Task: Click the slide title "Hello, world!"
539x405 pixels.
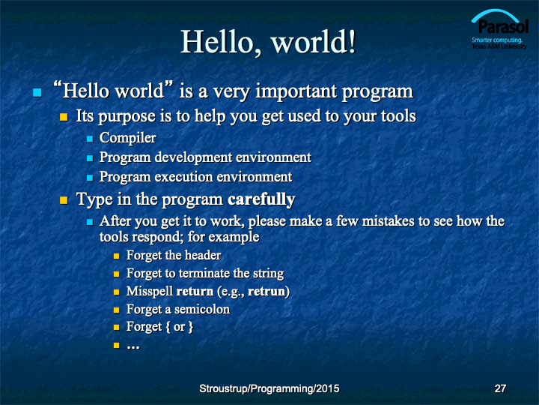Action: click(268, 42)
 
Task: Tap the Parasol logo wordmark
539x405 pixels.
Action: click(503, 26)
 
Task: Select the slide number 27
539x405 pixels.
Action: click(500, 388)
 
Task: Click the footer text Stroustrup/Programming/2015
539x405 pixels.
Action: click(269, 388)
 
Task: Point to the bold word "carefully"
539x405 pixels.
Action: click(261, 199)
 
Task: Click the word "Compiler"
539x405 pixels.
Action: click(127, 139)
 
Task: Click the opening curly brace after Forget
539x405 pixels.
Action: click(168, 327)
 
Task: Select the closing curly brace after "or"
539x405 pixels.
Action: click(190, 327)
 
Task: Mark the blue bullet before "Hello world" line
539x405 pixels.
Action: click(37, 92)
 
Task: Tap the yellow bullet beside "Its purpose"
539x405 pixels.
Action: click(64, 117)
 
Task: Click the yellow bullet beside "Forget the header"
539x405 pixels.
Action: click(117, 256)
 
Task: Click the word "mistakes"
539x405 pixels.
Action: click(388, 221)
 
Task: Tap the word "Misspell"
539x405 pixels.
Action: click(150, 292)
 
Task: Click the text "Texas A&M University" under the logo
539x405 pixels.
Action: click(499, 46)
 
